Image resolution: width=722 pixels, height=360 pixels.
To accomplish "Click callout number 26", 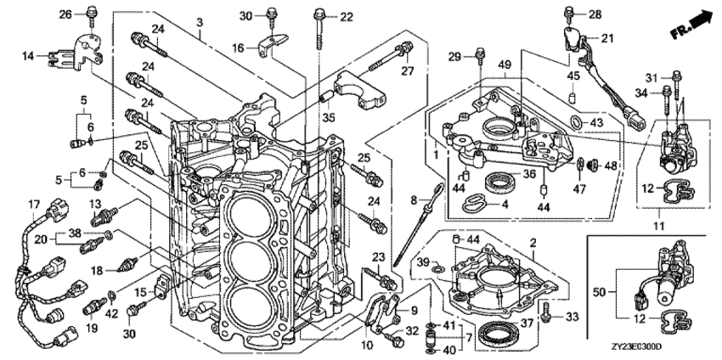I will (65, 14).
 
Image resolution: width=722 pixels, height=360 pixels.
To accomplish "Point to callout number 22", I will (346, 16).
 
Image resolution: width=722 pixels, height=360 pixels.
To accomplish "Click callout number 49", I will (504, 65).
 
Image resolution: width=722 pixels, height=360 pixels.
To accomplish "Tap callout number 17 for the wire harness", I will (35, 203).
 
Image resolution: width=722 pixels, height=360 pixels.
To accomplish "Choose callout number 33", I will (571, 317).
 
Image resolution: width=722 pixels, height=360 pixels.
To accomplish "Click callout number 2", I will (533, 244).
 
